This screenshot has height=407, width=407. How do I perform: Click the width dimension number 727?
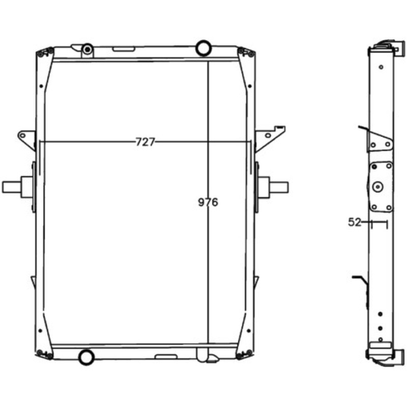coord(146,142)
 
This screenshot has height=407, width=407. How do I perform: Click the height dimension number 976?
coord(208,202)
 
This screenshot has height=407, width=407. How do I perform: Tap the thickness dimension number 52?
coord(355,222)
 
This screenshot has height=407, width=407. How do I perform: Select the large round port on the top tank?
coord(203,48)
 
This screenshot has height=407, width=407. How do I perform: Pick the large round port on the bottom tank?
coord(86,357)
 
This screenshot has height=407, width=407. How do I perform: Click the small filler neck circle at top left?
coord(88,49)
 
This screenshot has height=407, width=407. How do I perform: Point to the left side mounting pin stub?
coord(12,187)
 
